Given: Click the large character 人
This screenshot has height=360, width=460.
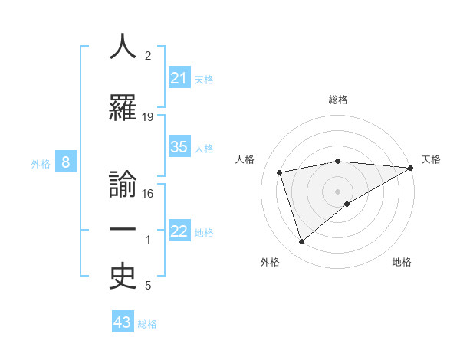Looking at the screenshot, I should pos(123,47).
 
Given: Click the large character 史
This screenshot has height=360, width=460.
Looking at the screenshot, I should pos(123,277).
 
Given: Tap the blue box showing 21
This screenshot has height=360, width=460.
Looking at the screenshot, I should pos(179,77).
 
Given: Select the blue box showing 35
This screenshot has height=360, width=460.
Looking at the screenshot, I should pos(179,147).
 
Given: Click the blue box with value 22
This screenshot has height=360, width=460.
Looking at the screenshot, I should pos(179,231).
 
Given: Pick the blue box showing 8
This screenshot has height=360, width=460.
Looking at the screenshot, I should pos(66,162).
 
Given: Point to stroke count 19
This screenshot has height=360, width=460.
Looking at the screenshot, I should pos(148,116).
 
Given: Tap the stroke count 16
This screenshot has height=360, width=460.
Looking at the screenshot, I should pos(148,193).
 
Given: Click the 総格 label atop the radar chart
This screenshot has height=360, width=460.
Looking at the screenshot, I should pos(338,100).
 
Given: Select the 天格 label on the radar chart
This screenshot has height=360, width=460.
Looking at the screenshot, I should pos(431,159).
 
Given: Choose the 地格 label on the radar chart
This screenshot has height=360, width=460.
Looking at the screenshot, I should pos(402,262).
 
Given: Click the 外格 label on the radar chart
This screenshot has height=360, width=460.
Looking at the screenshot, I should pos(270,262).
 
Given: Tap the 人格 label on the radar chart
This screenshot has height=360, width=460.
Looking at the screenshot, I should pos(246,159).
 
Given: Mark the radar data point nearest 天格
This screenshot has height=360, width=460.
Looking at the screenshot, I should pos(411,168).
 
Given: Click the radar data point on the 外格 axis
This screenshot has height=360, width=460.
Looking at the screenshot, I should pos(301,242).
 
